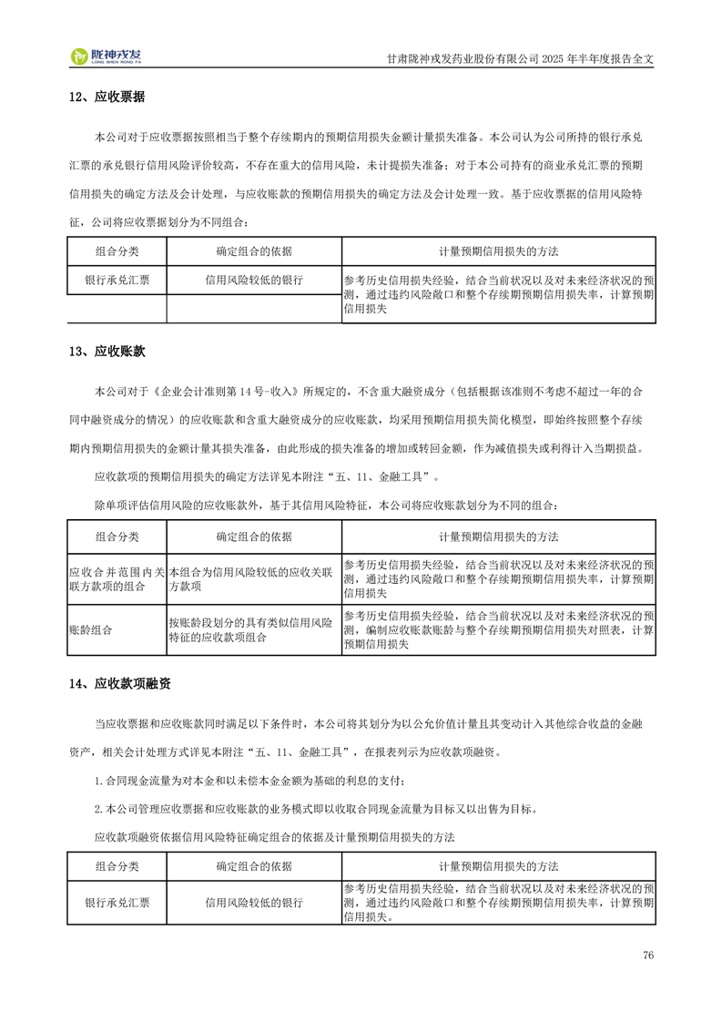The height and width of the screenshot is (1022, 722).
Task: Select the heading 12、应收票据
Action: tap(107, 97)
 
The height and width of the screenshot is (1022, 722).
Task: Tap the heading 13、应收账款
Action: tap(107, 351)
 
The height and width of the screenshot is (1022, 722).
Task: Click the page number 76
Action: tap(648, 955)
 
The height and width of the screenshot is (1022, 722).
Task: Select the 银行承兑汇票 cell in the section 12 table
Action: tap(117, 281)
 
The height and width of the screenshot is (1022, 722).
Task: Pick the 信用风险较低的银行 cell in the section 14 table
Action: tap(254, 903)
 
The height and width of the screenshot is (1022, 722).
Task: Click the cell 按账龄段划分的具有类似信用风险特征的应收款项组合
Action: tap(253, 629)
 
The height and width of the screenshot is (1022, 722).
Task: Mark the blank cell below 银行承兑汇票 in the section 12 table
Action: tap(117, 310)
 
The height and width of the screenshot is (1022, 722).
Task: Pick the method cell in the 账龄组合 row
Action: tap(498, 629)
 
